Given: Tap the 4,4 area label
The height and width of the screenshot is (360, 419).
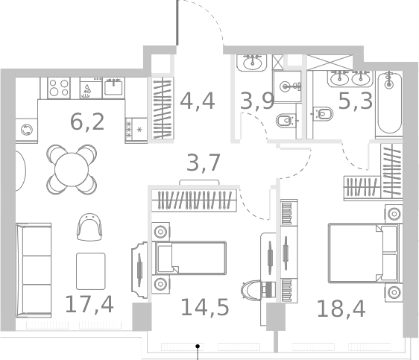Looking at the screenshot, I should tap(198, 100).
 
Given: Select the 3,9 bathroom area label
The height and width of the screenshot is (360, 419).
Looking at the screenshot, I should tap(257, 100).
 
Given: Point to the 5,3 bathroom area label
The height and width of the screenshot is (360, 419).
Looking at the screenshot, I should tap(355, 100).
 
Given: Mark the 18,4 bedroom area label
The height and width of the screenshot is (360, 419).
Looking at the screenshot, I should tap(341, 307).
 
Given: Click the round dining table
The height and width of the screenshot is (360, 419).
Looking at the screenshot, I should tap(72, 168).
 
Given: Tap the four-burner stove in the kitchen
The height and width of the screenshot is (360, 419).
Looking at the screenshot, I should tap(59, 89).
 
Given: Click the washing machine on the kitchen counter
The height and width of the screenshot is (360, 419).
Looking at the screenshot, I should tap(27, 130).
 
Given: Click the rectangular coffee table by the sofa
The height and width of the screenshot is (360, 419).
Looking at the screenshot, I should tap(90, 271).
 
